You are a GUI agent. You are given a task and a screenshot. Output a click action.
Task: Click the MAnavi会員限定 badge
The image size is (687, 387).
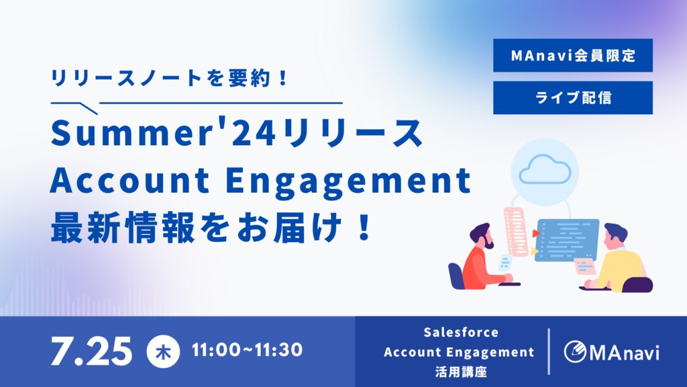(573, 55)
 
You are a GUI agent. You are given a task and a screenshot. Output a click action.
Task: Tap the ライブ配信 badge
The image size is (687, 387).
(573, 97)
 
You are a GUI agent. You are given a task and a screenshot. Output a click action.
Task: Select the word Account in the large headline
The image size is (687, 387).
(130, 180)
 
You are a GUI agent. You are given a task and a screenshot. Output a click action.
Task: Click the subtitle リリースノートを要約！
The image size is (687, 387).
(169, 79)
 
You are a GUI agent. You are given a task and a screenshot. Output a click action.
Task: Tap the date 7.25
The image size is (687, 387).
(91, 351)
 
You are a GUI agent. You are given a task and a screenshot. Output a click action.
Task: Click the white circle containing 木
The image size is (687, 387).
(163, 351)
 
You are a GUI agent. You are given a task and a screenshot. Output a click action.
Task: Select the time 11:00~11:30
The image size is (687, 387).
(247, 349)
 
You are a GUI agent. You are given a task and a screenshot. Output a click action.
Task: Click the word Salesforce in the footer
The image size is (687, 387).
(461, 333)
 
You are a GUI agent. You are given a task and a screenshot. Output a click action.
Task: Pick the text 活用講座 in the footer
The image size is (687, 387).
(461, 372)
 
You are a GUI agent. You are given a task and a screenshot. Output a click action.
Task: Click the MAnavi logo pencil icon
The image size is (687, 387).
(575, 351)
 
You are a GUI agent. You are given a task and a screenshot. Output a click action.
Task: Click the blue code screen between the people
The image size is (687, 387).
(567, 240)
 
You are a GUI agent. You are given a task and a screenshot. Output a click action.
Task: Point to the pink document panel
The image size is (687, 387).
(516, 232)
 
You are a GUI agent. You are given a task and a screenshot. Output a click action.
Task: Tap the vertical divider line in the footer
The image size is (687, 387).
(549, 351)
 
